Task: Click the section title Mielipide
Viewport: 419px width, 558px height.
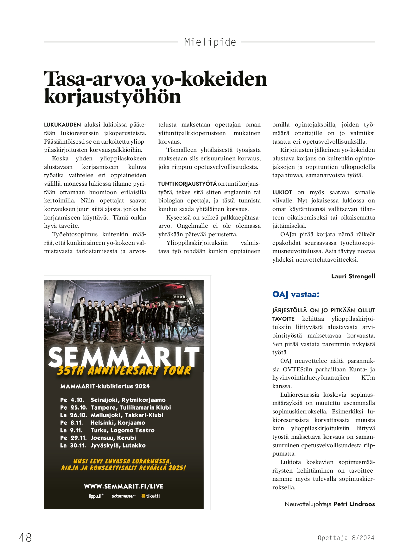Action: [210, 42]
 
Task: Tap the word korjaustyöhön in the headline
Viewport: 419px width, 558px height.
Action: [112, 97]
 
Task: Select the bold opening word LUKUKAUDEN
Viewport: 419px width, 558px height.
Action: [62, 125]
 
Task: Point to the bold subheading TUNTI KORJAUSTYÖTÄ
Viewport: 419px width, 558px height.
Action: [187, 184]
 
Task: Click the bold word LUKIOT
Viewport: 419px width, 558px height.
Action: [282, 192]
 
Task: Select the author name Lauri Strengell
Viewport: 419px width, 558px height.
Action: [353, 276]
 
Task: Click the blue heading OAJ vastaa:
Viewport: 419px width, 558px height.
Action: [295, 294]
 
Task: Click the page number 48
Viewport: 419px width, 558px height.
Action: [25, 537]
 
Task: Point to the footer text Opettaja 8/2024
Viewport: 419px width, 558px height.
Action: [346, 538]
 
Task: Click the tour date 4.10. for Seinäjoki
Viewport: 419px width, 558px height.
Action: [77, 400]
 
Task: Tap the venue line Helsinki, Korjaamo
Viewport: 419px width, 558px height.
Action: [118, 423]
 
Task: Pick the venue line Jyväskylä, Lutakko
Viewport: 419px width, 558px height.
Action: [118, 446]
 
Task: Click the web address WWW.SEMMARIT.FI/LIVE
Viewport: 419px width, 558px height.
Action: [124, 487]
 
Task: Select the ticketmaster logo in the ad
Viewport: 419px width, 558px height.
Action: [123, 496]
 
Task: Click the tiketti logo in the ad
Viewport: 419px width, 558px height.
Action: [151, 496]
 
